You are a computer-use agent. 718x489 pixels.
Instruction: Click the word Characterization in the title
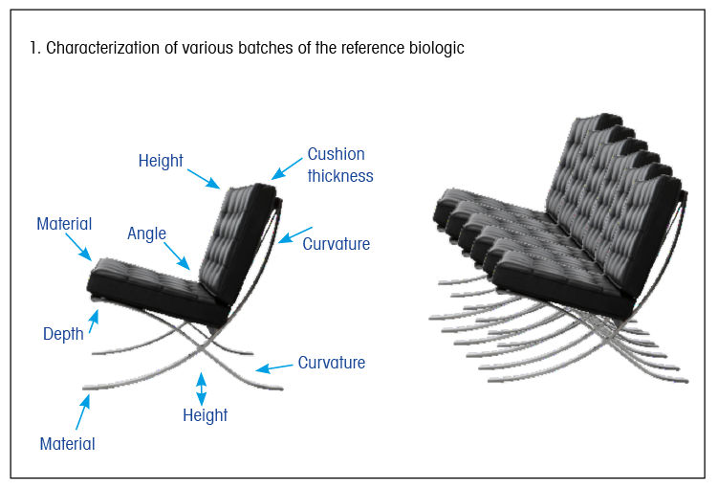tap(102, 48)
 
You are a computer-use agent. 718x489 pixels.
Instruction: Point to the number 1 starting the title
tap(33, 48)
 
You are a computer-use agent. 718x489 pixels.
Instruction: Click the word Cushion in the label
tap(337, 154)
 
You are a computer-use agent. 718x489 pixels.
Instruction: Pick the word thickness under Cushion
tap(340, 176)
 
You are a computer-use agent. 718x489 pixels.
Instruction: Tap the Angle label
tap(146, 233)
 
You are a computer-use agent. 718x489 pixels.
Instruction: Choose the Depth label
tap(63, 334)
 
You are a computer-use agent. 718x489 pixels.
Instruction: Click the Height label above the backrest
tap(161, 161)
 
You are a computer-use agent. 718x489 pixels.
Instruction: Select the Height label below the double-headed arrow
tap(206, 415)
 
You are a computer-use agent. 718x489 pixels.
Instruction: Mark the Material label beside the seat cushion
tap(64, 224)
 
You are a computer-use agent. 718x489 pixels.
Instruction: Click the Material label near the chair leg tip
tap(67, 444)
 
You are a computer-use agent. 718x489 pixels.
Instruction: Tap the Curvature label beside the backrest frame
tap(337, 244)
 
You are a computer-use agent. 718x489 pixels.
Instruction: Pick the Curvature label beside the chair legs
tap(332, 363)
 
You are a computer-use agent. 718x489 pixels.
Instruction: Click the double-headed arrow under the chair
tap(201, 389)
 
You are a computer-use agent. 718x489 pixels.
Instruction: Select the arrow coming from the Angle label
tap(177, 256)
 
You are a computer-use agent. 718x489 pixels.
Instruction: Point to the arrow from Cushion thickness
tap(287, 168)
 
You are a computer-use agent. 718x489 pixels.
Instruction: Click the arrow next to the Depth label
tap(94, 322)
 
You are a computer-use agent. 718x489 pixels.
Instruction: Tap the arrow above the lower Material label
tap(83, 411)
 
